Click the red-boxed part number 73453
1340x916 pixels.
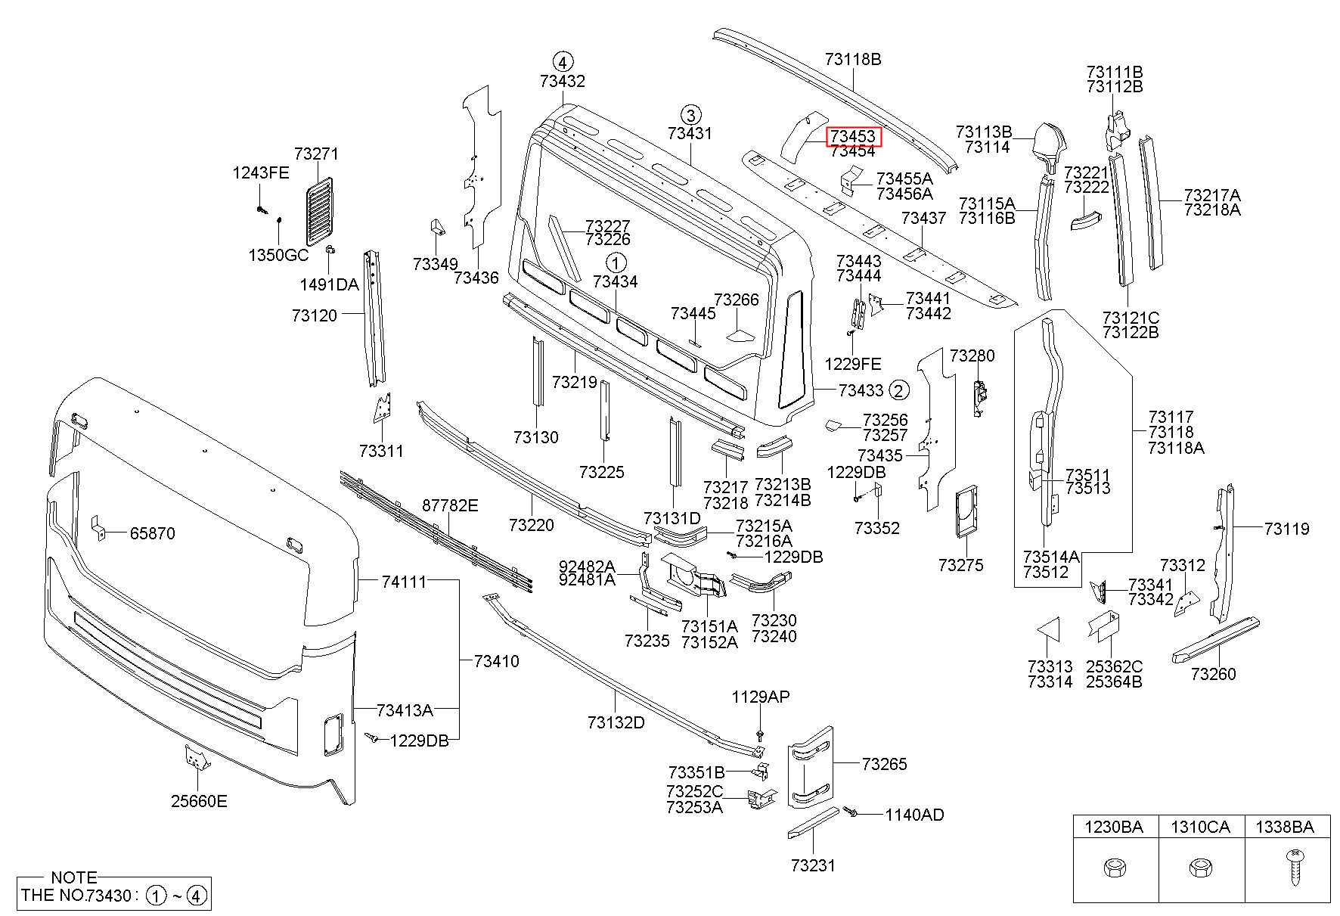pyautogui.click(x=852, y=136)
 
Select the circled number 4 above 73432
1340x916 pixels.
pyautogui.click(x=563, y=61)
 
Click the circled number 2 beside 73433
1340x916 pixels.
pyautogui.click(x=899, y=390)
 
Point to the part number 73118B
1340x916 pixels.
pyautogui.click(x=852, y=59)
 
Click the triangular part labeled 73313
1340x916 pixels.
pyautogui.click(x=1047, y=630)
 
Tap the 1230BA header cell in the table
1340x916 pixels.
pyautogui.click(x=1115, y=828)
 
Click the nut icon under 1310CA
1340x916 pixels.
pyautogui.click(x=1202, y=868)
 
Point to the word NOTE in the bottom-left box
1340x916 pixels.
pyautogui.click(x=73, y=877)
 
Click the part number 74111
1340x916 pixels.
pyautogui.click(x=403, y=581)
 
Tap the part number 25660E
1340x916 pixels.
pyautogui.click(x=198, y=801)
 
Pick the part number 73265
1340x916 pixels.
pyautogui.click(x=884, y=764)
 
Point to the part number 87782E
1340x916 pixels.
pyautogui.click(x=450, y=505)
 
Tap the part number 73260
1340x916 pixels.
pyautogui.click(x=1213, y=674)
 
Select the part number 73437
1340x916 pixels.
pyautogui.click(x=923, y=218)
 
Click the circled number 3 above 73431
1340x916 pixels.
pyautogui.click(x=690, y=114)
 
